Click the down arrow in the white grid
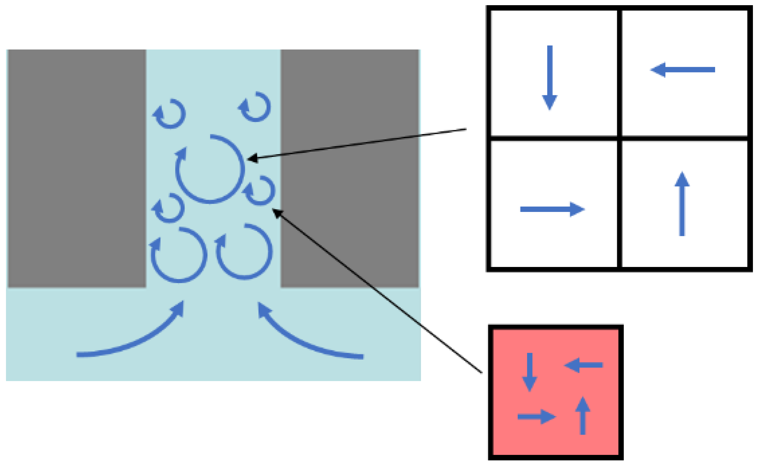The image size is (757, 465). (x=550, y=77)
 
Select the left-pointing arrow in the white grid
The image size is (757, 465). (x=683, y=70)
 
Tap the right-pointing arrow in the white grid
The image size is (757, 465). (x=552, y=209)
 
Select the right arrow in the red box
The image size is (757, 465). (x=536, y=417)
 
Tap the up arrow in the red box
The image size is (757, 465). (x=582, y=415)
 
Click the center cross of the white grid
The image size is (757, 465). (x=619, y=138)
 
